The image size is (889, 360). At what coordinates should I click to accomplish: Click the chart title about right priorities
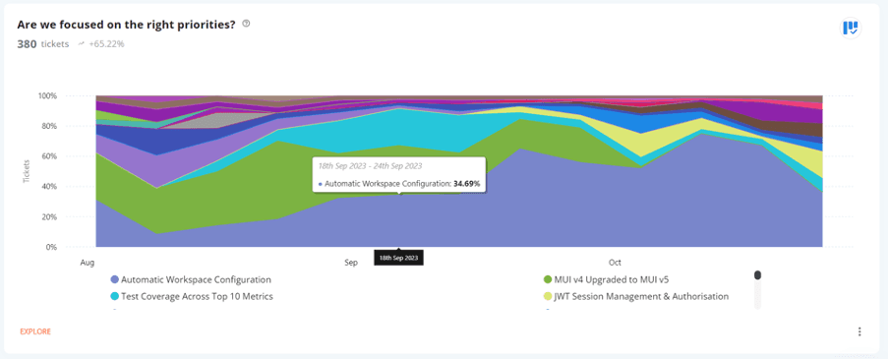(x=126, y=25)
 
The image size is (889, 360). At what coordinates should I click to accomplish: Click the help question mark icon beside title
(x=246, y=24)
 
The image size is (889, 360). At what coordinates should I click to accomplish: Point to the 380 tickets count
(x=42, y=44)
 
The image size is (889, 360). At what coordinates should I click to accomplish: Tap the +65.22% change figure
(x=106, y=44)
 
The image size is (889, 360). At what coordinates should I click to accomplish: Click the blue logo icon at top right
(x=851, y=28)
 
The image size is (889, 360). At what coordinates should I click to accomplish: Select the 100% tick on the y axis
(x=47, y=96)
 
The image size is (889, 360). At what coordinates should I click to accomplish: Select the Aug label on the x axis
(x=87, y=263)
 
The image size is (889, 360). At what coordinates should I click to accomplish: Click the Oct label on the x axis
(x=615, y=263)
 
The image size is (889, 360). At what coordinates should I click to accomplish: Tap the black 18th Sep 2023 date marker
(x=398, y=258)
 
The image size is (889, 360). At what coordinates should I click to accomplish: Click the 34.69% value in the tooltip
(x=466, y=183)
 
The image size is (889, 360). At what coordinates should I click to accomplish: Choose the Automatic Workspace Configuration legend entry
(x=196, y=280)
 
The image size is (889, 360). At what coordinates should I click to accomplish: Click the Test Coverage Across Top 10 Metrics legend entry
(x=197, y=296)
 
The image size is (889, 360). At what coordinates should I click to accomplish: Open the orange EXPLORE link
(x=35, y=331)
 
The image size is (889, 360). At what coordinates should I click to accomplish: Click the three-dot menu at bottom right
(x=859, y=331)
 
